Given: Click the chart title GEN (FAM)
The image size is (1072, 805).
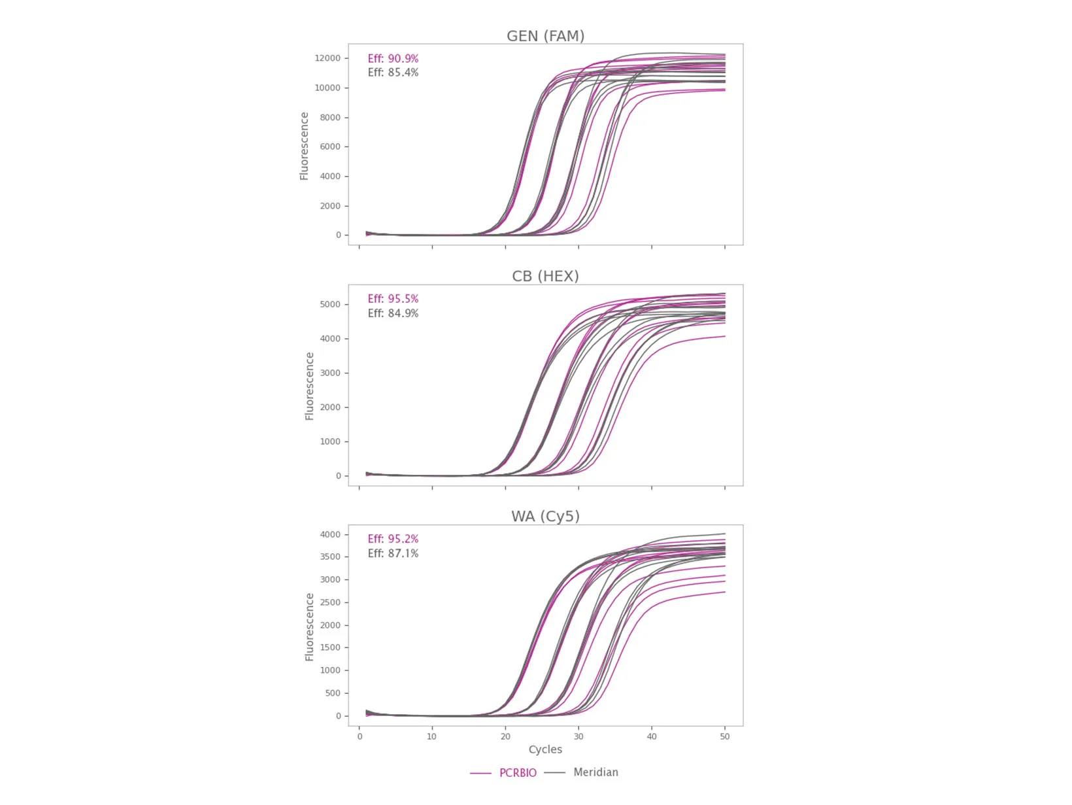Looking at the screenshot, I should pyautogui.click(x=545, y=36).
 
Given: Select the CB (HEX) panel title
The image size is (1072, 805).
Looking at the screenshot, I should pyautogui.click(x=545, y=276).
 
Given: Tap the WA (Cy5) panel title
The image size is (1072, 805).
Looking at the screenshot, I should pyautogui.click(x=545, y=517).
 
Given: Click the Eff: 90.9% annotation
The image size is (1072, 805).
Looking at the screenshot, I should pyautogui.click(x=393, y=59).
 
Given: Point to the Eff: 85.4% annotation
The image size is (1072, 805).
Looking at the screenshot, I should pyautogui.click(x=393, y=73).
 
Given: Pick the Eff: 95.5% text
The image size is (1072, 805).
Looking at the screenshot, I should pyautogui.click(x=393, y=299).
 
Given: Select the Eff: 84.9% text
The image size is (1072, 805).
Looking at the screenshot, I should pyautogui.click(x=393, y=313).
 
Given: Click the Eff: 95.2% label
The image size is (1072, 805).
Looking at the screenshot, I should pyautogui.click(x=393, y=539).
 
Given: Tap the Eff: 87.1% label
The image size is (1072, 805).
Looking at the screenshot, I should pyautogui.click(x=393, y=553).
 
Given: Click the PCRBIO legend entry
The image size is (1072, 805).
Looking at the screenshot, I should pyautogui.click(x=518, y=773).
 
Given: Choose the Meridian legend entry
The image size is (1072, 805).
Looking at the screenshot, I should pyautogui.click(x=595, y=772).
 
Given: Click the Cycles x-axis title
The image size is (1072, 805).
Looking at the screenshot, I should pyautogui.click(x=545, y=749).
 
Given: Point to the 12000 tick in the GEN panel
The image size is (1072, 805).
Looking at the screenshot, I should pyautogui.click(x=327, y=58).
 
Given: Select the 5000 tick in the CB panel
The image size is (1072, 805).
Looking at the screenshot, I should pyautogui.click(x=330, y=305).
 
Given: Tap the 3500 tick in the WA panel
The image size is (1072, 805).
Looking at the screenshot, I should pyautogui.click(x=330, y=557).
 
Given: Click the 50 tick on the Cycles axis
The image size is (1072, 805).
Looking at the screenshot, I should pyautogui.click(x=725, y=736).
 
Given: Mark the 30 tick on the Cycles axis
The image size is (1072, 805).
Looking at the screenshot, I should pyautogui.click(x=578, y=736).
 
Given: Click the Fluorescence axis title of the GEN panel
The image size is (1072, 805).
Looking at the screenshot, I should pyautogui.click(x=304, y=146).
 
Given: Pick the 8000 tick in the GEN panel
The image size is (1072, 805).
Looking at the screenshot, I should pyautogui.click(x=330, y=118).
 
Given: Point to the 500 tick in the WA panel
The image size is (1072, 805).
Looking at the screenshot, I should pyautogui.click(x=333, y=693).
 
